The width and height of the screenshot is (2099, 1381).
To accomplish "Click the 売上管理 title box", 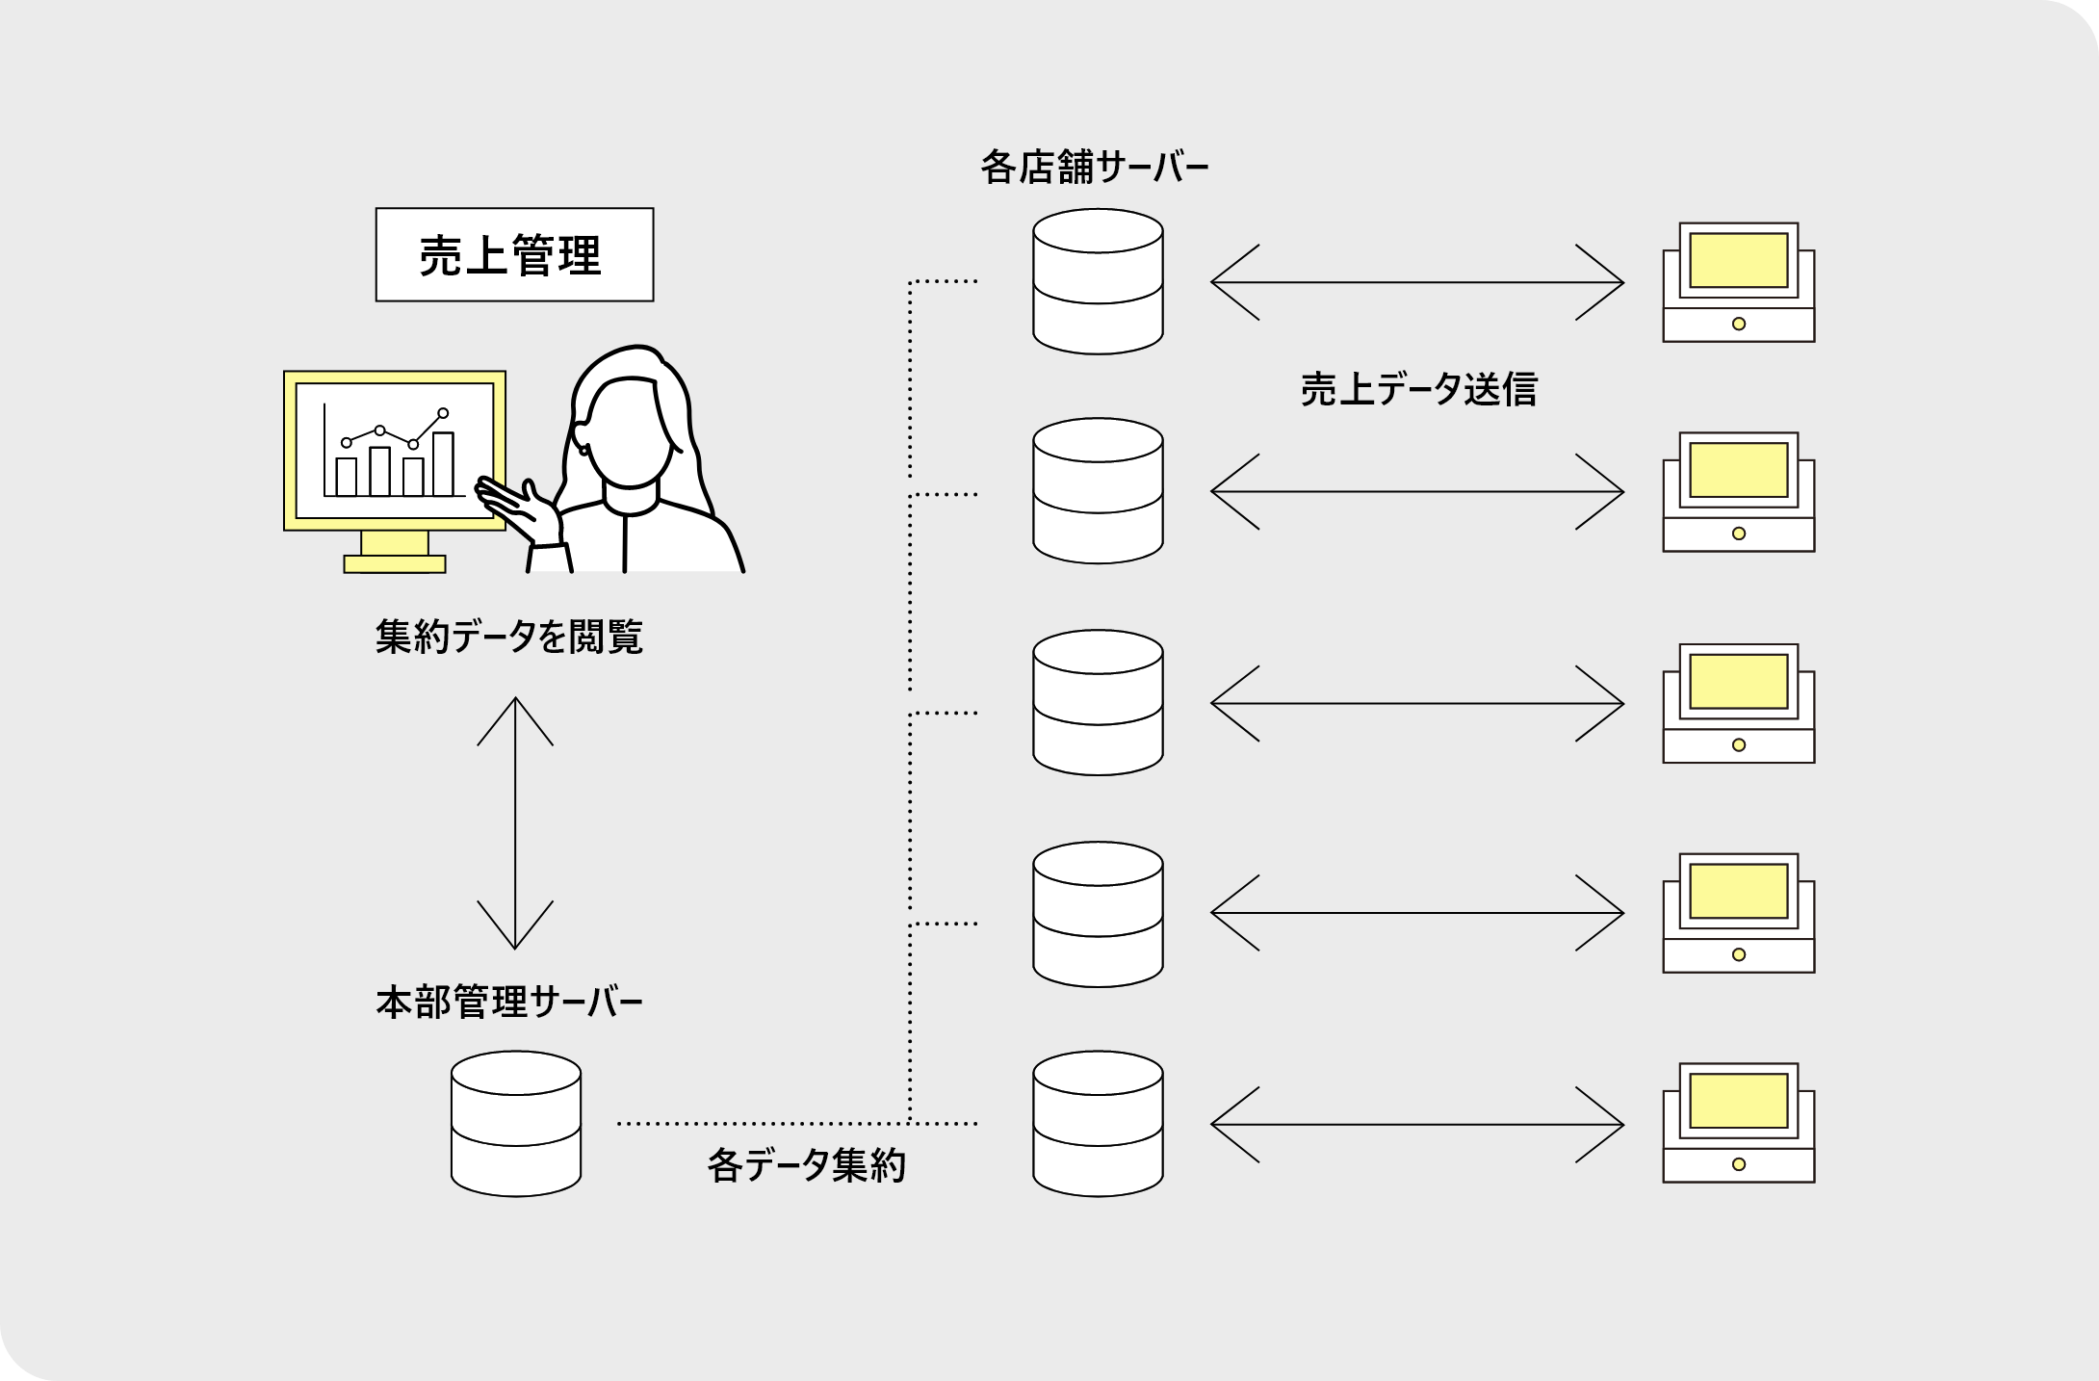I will [514, 255].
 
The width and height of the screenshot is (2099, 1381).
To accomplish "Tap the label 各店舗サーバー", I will [1095, 168].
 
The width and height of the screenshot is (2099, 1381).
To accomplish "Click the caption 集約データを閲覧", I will [508, 637].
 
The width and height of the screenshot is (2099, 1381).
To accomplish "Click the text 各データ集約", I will [806, 1166].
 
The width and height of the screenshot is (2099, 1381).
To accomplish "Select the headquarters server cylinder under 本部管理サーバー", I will [516, 1124].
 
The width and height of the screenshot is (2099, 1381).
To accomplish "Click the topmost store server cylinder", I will [1098, 282].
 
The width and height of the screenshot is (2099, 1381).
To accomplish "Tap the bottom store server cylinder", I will [1098, 1124].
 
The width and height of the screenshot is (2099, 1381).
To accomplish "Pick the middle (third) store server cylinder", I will [1098, 703].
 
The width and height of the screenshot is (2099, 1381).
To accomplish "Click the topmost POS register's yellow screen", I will [1738, 260].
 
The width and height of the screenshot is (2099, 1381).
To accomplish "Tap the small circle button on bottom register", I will [1738, 1164].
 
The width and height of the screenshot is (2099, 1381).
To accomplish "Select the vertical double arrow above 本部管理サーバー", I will [515, 822].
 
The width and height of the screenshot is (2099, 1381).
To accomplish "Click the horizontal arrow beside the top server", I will [1416, 282].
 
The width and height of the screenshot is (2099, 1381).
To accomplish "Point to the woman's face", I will [630, 433].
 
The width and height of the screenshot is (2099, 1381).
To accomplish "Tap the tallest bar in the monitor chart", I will [443, 464].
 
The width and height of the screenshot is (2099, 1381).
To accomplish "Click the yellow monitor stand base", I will [395, 563].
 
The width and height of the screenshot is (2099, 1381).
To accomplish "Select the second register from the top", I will [1738, 492].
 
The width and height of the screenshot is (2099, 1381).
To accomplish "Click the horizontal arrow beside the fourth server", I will [1416, 913].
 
